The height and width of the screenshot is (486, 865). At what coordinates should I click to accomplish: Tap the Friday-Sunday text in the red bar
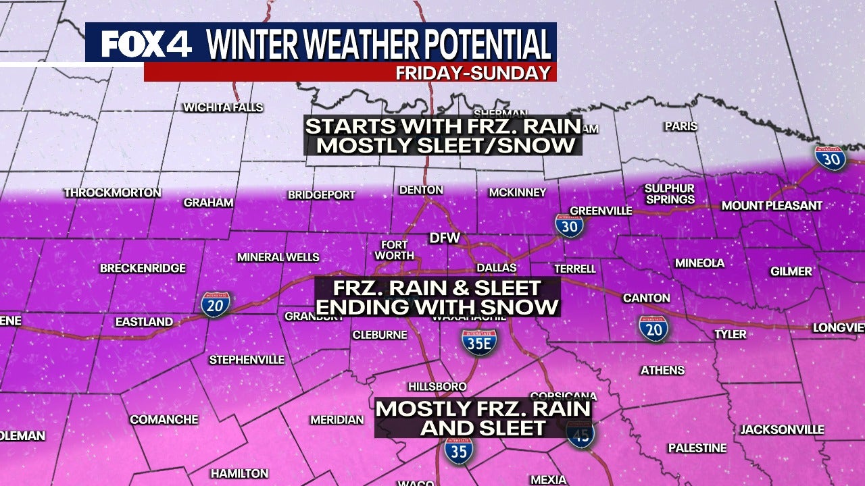(x=473, y=73)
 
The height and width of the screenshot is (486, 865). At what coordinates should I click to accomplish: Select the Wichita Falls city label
(x=223, y=107)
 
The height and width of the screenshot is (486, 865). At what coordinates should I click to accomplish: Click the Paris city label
(x=681, y=126)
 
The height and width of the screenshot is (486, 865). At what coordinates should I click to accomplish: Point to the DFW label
(x=445, y=238)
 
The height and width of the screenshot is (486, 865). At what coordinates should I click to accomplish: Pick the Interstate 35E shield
(x=479, y=342)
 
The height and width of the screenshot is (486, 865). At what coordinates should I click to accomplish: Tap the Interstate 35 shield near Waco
(x=459, y=450)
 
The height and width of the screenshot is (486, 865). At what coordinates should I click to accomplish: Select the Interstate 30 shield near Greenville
(x=569, y=226)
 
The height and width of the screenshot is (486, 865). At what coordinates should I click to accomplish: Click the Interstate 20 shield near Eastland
(x=216, y=304)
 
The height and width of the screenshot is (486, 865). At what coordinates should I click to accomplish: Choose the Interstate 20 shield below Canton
(x=653, y=327)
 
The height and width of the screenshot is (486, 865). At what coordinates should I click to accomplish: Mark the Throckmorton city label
(x=113, y=193)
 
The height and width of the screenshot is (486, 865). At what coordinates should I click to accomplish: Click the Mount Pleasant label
(x=772, y=205)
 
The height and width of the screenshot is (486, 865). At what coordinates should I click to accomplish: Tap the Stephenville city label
(x=247, y=360)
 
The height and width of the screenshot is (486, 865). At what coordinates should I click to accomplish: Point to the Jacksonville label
(x=782, y=429)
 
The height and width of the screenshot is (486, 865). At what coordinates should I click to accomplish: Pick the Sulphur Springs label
(x=669, y=194)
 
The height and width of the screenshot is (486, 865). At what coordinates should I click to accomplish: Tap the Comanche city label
(x=164, y=419)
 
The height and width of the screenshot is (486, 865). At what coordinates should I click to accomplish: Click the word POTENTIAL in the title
(x=482, y=45)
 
